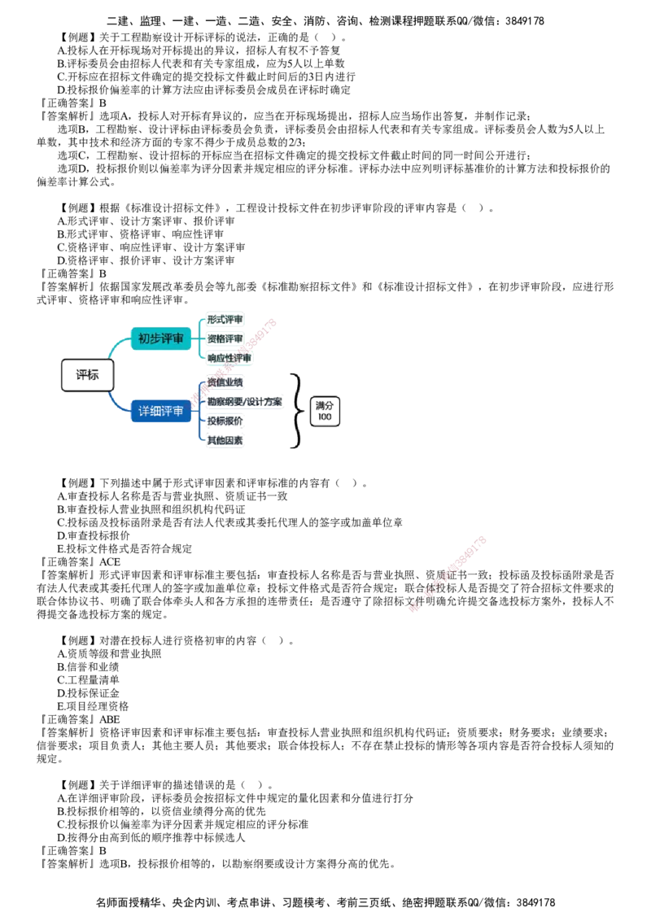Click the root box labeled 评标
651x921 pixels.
tap(87, 375)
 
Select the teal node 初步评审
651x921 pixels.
tap(160, 338)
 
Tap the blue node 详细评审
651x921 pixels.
tap(160, 412)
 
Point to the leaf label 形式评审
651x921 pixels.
tap(225, 319)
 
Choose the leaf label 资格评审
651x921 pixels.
tap(225, 338)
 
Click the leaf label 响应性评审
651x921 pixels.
tap(229, 358)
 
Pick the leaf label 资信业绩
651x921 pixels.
tap(225, 382)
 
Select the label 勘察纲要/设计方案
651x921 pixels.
tap(245, 402)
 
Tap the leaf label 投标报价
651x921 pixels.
tap(225, 421)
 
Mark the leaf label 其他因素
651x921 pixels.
tap(225, 440)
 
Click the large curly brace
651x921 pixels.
tap(296, 410)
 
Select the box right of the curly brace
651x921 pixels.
tap(326, 411)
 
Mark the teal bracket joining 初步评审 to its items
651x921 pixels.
tap(200, 338)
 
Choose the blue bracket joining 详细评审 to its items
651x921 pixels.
tap(200, 412)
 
